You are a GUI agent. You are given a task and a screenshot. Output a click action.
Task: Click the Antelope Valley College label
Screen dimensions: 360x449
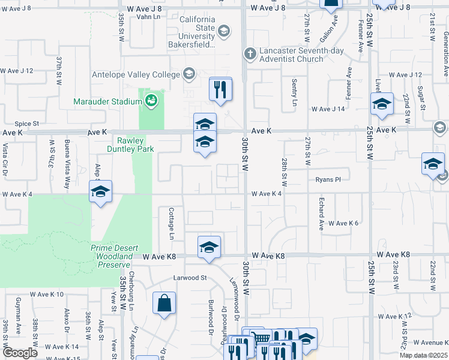click(x=135, y=74)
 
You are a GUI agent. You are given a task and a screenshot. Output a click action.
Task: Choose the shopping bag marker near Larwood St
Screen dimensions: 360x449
click(x=164, y=304)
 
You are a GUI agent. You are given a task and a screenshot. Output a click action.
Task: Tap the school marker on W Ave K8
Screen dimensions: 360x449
click(x=209, y=247)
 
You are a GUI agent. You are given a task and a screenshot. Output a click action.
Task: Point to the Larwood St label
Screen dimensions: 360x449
click(x=190, y=278)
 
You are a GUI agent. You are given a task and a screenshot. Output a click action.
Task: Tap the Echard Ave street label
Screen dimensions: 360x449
click(x=321, y=217)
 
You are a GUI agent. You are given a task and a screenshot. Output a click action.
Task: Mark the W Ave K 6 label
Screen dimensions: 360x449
click(x=343, y=223)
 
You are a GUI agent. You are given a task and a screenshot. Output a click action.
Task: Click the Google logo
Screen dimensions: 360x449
click(x=20, y=353)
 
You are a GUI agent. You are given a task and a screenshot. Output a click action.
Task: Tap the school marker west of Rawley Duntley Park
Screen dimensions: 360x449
click(x=100, y=192)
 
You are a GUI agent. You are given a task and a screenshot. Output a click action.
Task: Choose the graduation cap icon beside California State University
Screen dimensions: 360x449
click(x=223, y=31)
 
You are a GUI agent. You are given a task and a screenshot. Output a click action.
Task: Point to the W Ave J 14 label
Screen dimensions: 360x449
click(x=328, y=109)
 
